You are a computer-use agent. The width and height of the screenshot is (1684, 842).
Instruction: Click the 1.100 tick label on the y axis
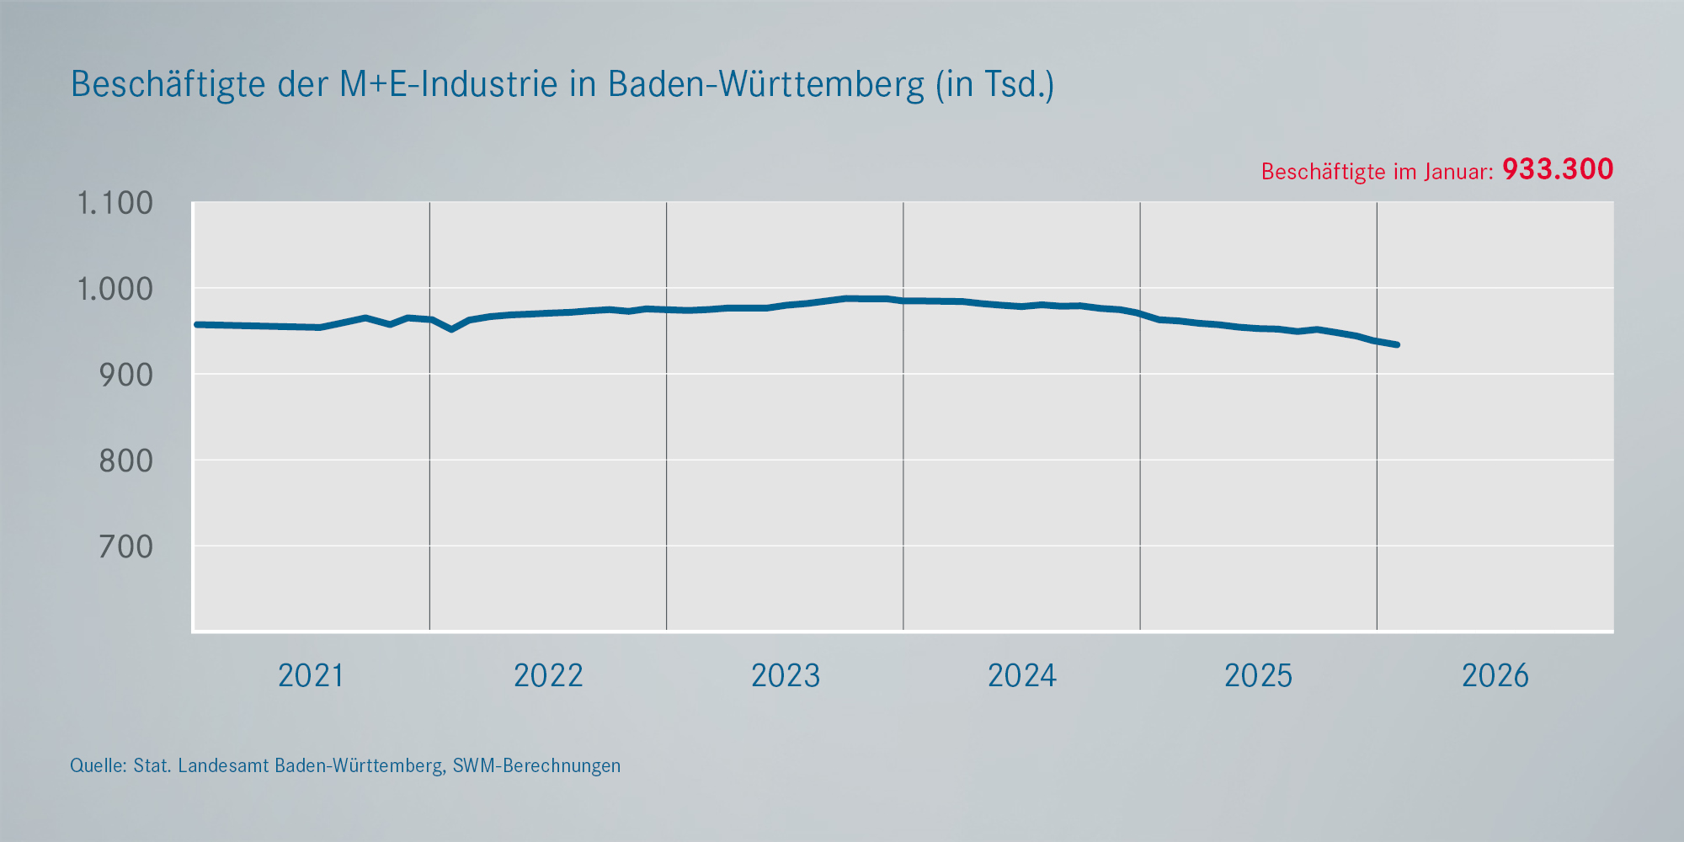tap(115, 203)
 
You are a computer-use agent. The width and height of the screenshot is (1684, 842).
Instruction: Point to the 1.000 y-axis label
tap(115, 289)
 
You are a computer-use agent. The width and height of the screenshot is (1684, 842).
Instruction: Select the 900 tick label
tap(126, 375)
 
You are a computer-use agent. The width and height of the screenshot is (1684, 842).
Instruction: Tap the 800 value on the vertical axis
tap(126, 461)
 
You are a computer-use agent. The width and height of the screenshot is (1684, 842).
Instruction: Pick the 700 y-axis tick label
tap(126, 547)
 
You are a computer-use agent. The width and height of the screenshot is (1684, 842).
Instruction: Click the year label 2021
tap(311, 675)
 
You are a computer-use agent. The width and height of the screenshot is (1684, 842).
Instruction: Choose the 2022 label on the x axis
tap(548, 675)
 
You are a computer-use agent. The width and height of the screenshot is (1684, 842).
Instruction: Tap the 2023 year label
tap(785, 675)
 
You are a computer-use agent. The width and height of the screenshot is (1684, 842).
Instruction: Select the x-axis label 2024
tap(1021, 675)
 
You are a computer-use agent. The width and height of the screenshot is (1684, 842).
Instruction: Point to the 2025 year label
tap(1258, 675)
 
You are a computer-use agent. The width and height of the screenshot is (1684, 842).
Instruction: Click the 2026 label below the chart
tap(1495, 675)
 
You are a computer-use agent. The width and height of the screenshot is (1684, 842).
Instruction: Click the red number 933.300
tap(1558, 169)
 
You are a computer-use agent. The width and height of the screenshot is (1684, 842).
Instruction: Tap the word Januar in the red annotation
tap(1458, 172)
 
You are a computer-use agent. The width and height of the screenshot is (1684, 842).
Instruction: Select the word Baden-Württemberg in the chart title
tap(766, 84)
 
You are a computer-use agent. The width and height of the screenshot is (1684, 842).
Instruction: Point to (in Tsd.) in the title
tap(995, 85)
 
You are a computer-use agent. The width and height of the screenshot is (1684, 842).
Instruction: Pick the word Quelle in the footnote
tap(98, 766)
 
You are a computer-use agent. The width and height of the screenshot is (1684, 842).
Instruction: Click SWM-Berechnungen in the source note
tap(536, 766)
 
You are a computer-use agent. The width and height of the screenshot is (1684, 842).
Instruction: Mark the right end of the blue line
tap(1397, 344)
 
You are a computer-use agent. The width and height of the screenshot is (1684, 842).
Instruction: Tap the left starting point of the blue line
tap(197, 324)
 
